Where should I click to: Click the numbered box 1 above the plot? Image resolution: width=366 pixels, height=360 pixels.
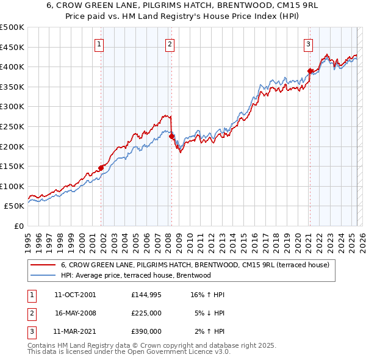click(99, 43)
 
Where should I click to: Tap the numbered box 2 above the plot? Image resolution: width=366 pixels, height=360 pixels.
click(170, 43)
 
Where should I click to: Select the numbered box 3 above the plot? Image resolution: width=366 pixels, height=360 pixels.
click(309, 43)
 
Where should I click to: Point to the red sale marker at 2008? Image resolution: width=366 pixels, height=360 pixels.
click(172, 137)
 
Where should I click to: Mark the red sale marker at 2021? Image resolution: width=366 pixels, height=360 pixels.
click(310, 71)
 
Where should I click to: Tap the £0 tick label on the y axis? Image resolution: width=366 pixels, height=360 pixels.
click(19, 226)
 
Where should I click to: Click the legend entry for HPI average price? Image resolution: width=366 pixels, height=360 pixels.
click(135, 275)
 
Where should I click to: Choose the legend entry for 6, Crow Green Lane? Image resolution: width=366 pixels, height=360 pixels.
click(195, 265)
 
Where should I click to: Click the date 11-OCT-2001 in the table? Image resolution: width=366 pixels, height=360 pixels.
click(75, 295)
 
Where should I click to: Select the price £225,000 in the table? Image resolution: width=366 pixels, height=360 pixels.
click(146, 313)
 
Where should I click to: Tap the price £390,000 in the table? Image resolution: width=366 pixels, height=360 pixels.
click(146, 331)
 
